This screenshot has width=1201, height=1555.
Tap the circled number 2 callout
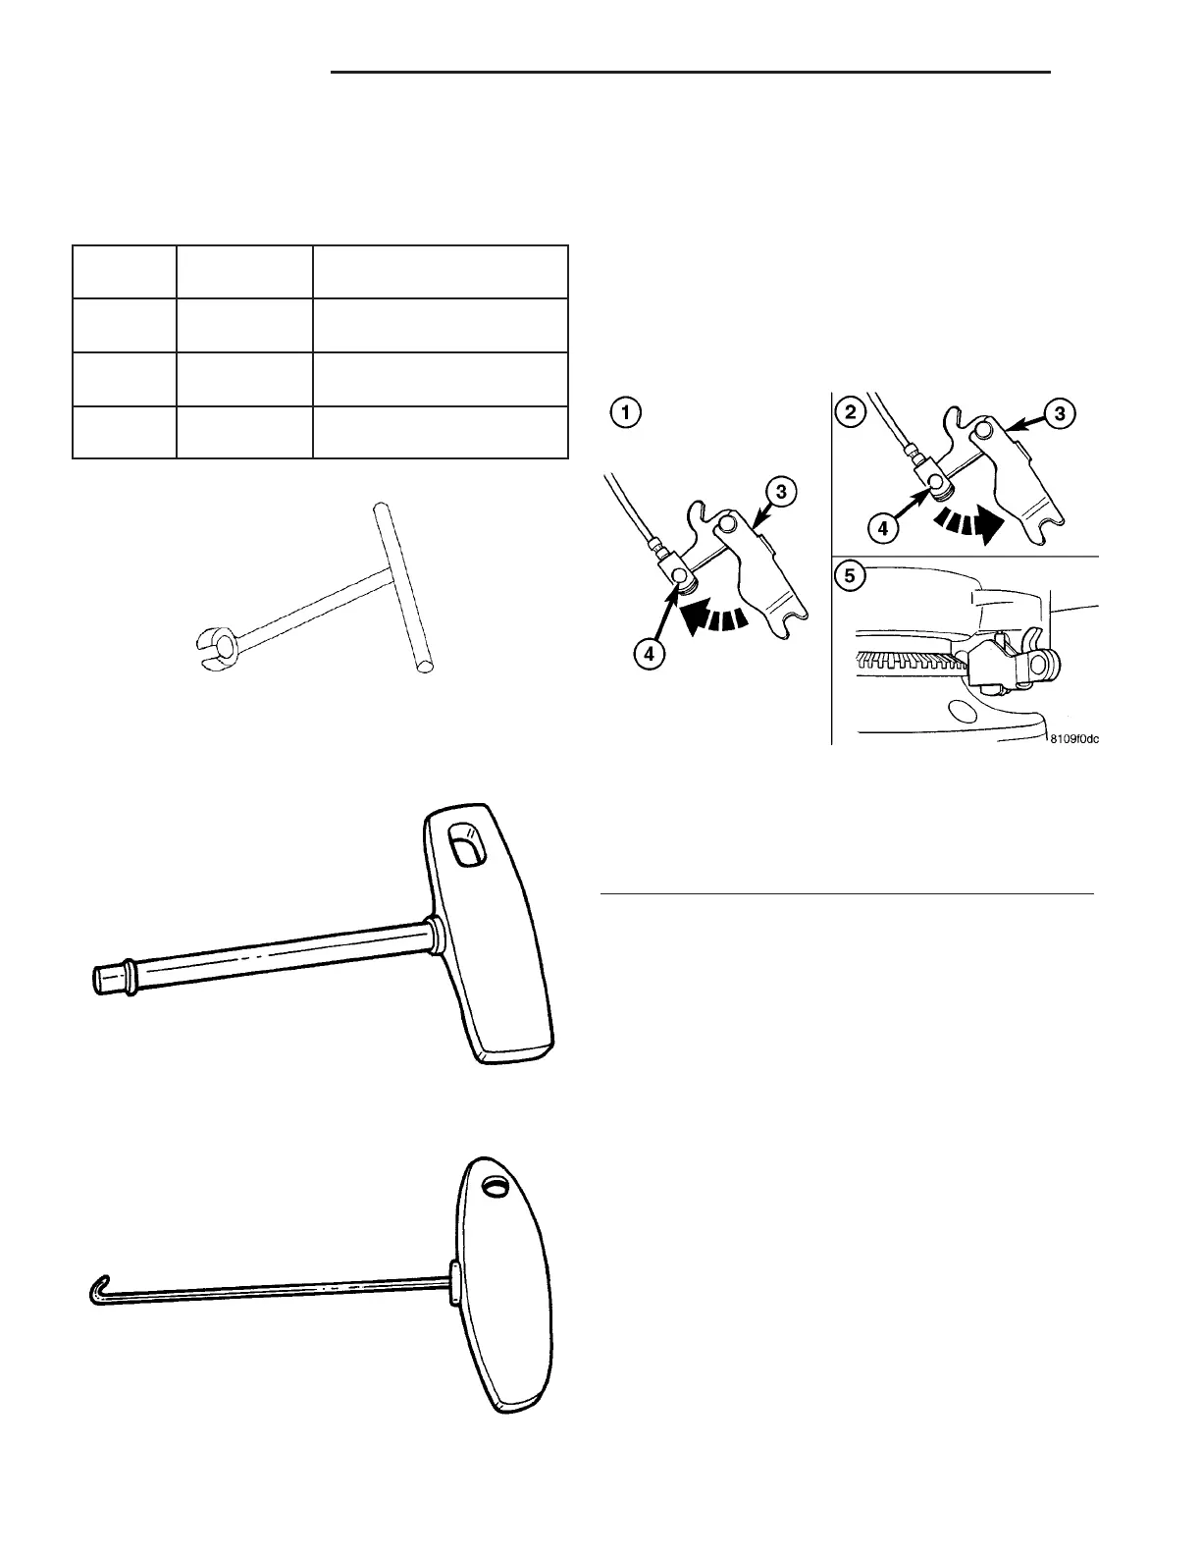point(850,412)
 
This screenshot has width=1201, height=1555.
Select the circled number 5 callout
point(850,576)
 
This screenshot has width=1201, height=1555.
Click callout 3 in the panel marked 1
point(779,493)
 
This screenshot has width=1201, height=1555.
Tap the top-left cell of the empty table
point(125,272)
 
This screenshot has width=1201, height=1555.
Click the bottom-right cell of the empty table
point(440,432)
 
